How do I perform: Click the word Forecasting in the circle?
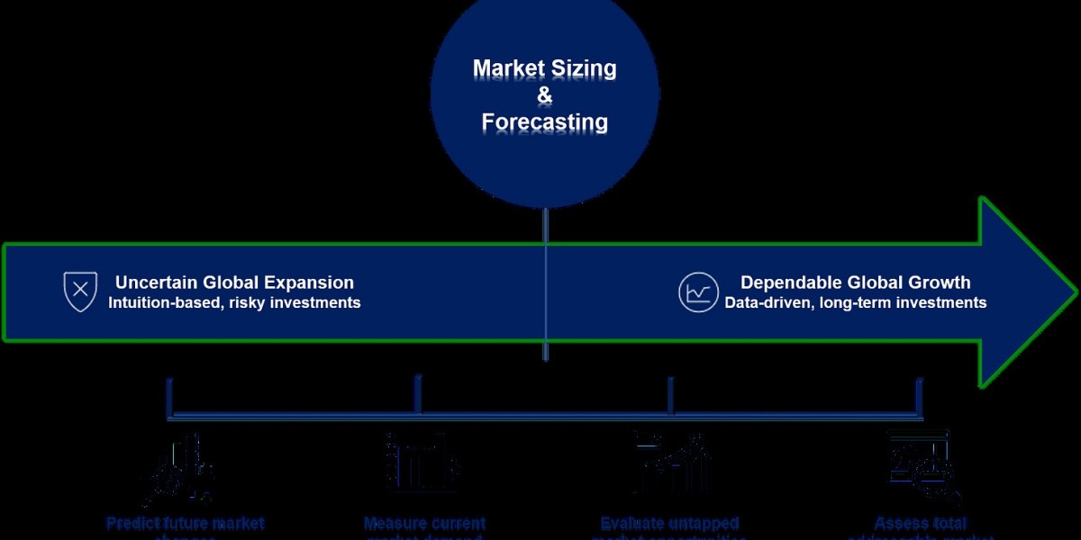(544, 121)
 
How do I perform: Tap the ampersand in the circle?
(544, 94)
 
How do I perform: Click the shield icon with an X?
(80, 292)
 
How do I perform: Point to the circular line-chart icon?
(698, 292)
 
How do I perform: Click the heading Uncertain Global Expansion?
(234, 283)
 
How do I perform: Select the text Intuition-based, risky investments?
(234, 303)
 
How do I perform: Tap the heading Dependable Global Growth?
(855, 283)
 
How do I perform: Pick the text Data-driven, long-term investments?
(855, 303)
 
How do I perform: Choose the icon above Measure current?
(422, 463)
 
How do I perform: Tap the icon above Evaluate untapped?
(671, 463)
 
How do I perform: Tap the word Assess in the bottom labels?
(896, 523)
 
